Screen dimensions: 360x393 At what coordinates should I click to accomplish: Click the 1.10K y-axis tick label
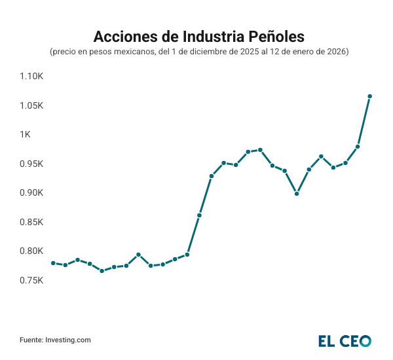(x=31, y=77)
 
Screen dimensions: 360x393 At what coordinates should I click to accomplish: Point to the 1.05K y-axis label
(x=31, y=105)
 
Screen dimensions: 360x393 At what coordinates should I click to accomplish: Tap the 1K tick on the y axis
(x=25, y=135)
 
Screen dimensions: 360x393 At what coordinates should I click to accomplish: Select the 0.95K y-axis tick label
(x=31, y=164)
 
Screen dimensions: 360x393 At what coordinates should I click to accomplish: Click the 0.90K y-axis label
(x=31, y=193)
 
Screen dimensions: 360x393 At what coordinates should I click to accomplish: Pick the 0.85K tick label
(x=31, y=222)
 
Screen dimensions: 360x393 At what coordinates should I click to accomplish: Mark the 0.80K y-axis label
(x=31, y=251)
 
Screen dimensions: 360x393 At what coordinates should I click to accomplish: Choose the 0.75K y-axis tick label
(x=31, y=280)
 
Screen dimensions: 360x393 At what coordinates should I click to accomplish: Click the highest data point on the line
(x=370, y=96)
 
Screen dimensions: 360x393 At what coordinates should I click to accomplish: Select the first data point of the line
(x=53, y=263)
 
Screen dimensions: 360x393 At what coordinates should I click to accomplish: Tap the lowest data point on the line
(x=102, y=271)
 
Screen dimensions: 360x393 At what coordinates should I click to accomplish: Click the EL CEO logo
(x=345, y=340)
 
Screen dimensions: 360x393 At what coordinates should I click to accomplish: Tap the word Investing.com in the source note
(x=68, y=340)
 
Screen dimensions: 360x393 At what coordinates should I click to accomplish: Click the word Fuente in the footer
(x=31, y=340)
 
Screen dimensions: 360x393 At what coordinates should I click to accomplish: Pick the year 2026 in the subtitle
(x=335, y=51)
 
